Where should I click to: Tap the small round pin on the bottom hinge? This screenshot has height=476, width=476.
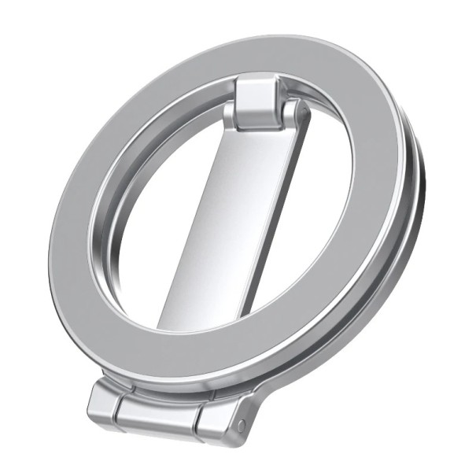pos(241,426)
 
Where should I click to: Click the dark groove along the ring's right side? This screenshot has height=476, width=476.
pos(417,236)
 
